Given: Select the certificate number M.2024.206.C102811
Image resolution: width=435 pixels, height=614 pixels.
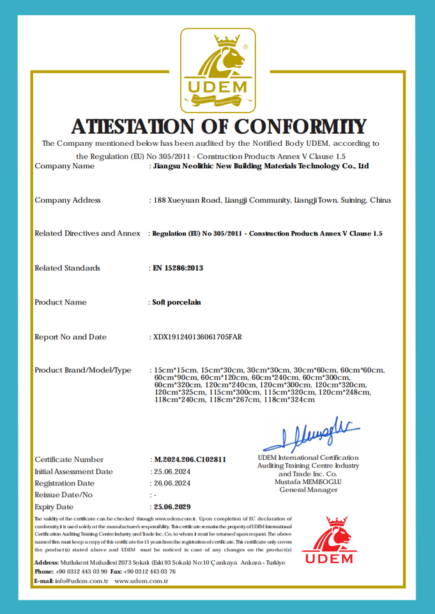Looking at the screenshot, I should (x=190, y=459).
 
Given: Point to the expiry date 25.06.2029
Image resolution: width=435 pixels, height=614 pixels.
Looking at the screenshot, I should (x=172, y=507).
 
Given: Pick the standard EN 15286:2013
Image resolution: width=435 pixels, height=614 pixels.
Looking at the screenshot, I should (x=178, y=268).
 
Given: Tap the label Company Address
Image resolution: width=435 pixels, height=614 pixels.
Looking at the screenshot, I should (x=68, y=200).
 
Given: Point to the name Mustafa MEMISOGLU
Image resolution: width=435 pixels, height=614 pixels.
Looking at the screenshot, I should (x=309, y=482).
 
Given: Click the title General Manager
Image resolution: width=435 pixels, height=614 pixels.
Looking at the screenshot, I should (x=309, y=490).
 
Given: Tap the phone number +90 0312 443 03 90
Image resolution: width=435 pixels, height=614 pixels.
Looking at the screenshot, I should (x=81, y=571).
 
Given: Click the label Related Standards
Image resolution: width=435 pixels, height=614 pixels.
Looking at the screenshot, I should (x=67, y=268).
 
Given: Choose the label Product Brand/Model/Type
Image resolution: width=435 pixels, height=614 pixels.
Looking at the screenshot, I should (x=83, y=370).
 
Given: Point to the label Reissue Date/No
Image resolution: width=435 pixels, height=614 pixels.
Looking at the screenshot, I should (x=63, y=495).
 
